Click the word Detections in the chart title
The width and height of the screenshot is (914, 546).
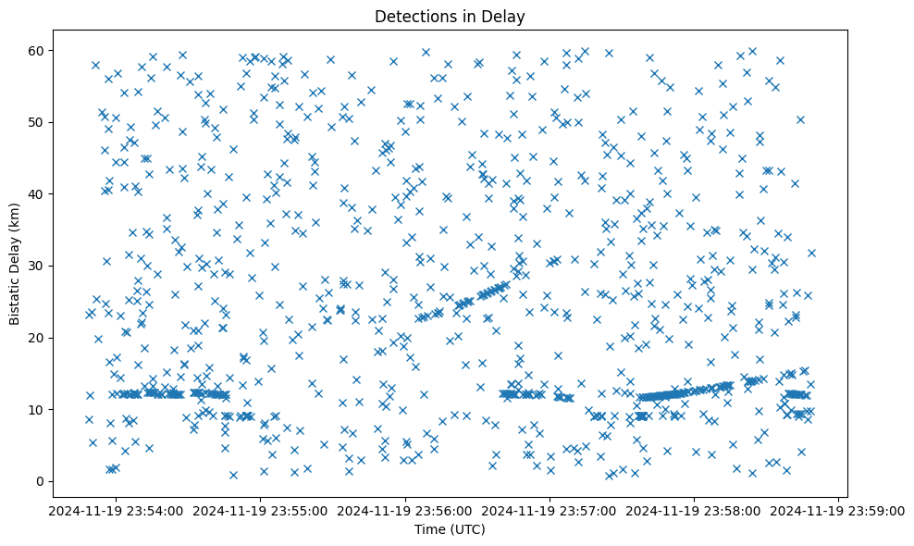tap(411, 17)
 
